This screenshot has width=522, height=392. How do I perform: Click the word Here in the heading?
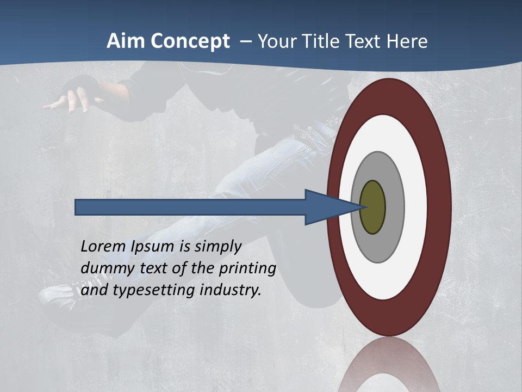coord(407,41)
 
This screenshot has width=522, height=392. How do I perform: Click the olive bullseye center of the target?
coord(372,207)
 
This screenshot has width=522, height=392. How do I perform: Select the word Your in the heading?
coord(277,41)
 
